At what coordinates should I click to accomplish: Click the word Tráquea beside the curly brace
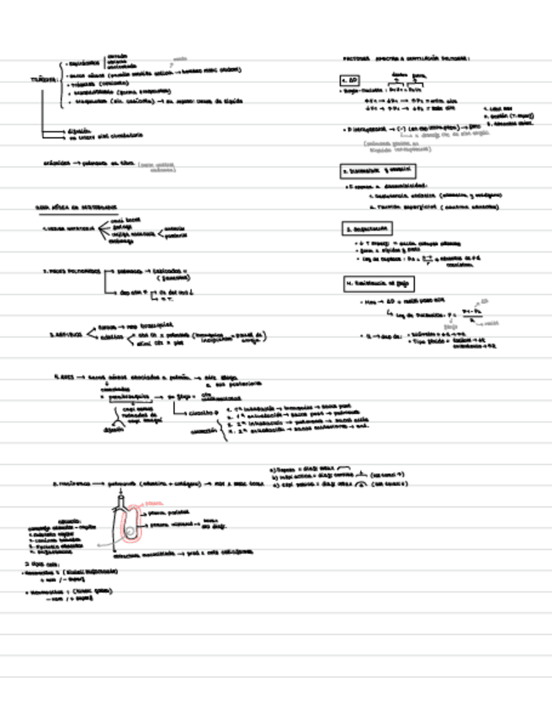coord(44,79)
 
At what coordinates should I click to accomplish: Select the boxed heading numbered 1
coord(350,81)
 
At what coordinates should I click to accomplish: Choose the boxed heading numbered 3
coord(367,227)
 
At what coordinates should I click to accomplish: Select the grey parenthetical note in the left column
coord(159,168)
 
